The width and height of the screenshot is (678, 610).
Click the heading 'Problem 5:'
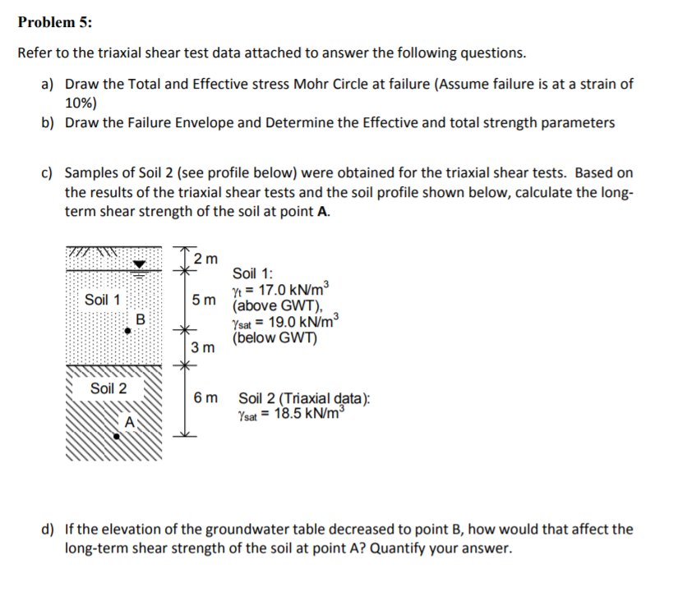55,23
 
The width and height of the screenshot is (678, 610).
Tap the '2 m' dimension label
207,259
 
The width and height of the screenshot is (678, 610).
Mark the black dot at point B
127,331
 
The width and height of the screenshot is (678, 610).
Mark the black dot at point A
118,437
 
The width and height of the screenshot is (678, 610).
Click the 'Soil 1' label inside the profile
103,299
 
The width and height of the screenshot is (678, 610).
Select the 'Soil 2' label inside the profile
108,388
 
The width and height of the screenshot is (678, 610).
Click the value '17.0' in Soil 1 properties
273,289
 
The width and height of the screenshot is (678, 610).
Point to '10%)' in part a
81,103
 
